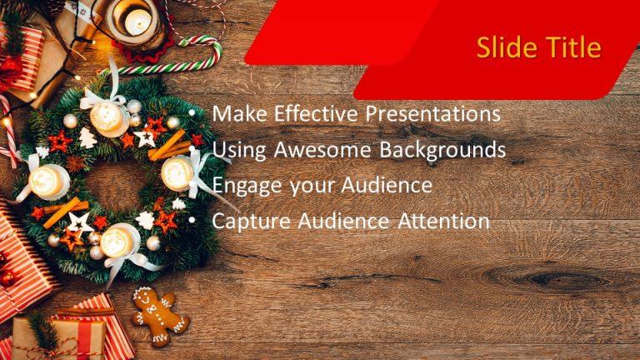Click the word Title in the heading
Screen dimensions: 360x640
571,47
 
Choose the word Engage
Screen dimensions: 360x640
246,186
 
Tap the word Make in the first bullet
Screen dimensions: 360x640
236,113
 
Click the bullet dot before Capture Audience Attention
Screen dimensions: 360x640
192,222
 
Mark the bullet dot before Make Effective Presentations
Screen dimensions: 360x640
192,114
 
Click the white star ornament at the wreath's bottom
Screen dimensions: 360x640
82,222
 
